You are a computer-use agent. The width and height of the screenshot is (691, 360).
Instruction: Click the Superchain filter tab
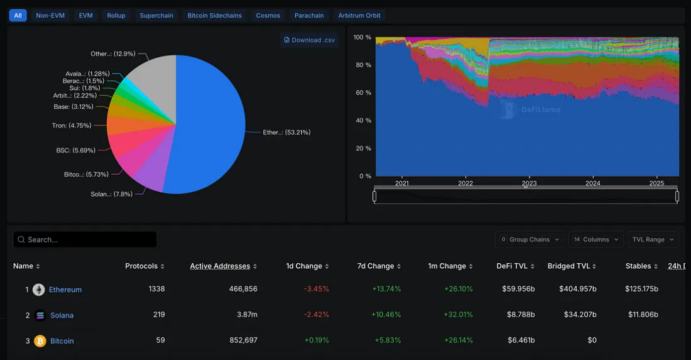point(156,15)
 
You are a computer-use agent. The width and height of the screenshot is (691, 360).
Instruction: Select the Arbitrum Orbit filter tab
point(359,15)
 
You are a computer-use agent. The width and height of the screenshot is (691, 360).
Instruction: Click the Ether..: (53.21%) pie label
point(286,133)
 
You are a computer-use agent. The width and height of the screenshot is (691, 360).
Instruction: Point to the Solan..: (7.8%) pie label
point(111,194)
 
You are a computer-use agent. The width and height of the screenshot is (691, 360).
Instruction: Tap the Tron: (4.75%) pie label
point(72,126)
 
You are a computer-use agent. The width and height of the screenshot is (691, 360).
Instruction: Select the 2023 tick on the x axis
point(529,183)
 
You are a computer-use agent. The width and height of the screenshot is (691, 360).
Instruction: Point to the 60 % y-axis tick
point(362,93)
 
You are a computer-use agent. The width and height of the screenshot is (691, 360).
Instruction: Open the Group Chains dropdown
point(530,239)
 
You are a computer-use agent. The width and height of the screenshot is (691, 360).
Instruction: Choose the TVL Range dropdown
point(653,239)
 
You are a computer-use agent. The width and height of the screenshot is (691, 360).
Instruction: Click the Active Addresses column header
point(220,266)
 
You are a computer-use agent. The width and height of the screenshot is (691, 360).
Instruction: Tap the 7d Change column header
point(376,266)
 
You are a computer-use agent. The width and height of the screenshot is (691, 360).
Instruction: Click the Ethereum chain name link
point(65,290)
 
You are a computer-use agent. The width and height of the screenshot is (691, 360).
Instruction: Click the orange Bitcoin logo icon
point(40,341)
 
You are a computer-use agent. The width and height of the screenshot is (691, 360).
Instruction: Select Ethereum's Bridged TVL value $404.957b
point(577,289)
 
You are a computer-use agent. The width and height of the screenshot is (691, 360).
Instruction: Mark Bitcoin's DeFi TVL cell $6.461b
point(521,341)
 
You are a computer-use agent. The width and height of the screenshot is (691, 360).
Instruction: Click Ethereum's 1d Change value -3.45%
point(316,289)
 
